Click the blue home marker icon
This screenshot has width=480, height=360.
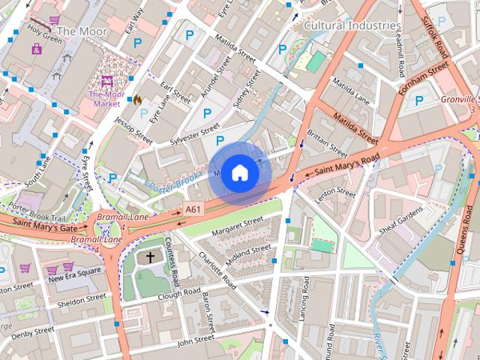[239, 172]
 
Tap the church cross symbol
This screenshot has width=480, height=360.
[150, 258]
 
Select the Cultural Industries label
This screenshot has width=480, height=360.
[352, 25]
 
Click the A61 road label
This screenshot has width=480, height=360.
[193, 209]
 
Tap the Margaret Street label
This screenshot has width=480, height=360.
[238, 223]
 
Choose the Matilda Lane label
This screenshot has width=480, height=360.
[351, 88]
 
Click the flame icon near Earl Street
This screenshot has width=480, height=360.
[137, 99]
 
